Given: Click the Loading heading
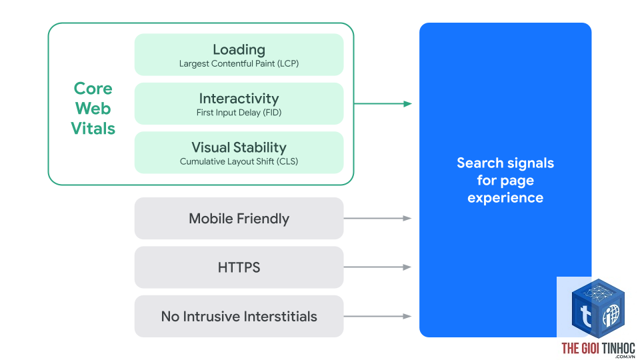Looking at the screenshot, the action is pyautogui.click(x=239, y=50).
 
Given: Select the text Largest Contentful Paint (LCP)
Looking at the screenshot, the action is pyautogui.click(x=239, y=64).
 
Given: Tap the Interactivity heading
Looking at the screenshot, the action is pyautogui.click(x=239, y=99).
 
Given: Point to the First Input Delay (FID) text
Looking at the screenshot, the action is pyautogui.click(x=239, y=113).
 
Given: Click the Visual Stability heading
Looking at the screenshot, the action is pyautogui.click(x=239, y=147).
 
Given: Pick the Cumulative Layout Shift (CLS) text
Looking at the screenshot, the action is pyautogui.click(x=239, y=161).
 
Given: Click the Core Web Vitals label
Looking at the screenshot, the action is pyautogui.click(x=93, y=108).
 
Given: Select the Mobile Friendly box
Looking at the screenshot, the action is pyautogui.click(x=239, y=219).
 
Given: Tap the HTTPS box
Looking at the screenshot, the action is pyautogui.click(x=239, y=267).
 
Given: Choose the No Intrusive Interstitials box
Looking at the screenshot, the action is pyautogui.click(x=239, y=316).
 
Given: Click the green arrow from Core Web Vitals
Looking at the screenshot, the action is pyautogui.click(x=383, y=104).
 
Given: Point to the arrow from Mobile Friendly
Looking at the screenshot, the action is pyautogui.click(x=377, y=219).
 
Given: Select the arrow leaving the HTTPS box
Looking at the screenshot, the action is pyautogui.click(x=377, y=267).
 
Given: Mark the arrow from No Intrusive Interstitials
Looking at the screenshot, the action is pyautogui.click(x=377, y=316).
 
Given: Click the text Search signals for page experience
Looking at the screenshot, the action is pyautogui.click(x=505, y=180).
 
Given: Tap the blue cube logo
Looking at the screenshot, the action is pyautogui.click(x=598, y=308).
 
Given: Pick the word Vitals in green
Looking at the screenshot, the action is pyautogui.click(x=93, y=129).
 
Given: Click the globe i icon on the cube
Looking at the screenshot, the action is pyautogui.click(x=611, y=315).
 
